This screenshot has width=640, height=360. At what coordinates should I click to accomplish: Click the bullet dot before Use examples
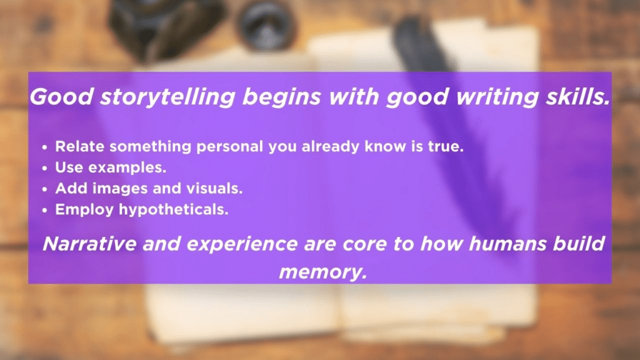46,168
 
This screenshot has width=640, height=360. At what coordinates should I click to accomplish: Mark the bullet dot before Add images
46,189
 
